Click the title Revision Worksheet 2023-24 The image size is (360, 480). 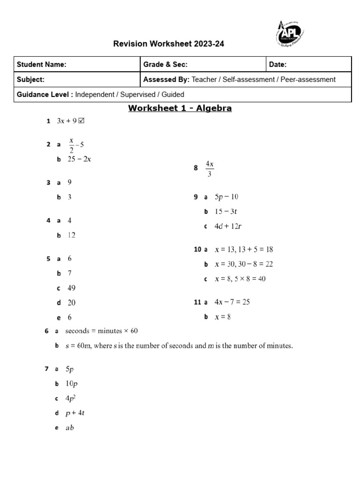tap(165, 44)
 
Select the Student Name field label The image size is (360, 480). tap(42, 65)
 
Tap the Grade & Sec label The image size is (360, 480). tap(165, 65)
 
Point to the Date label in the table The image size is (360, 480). tap(278, 65)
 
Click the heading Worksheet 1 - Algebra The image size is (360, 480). tap(180, 109)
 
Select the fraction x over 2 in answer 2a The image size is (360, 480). tap(72, 145)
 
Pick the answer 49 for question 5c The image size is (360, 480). tap(71, 288)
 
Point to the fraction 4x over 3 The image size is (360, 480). tap(210, 169)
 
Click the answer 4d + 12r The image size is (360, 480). tap(228, 226)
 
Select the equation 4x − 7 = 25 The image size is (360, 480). tap(232, 302)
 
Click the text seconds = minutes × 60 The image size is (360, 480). tap(102, 331)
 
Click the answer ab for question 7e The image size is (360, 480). tap(70, 427)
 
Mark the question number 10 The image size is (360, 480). tap(197, 249)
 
